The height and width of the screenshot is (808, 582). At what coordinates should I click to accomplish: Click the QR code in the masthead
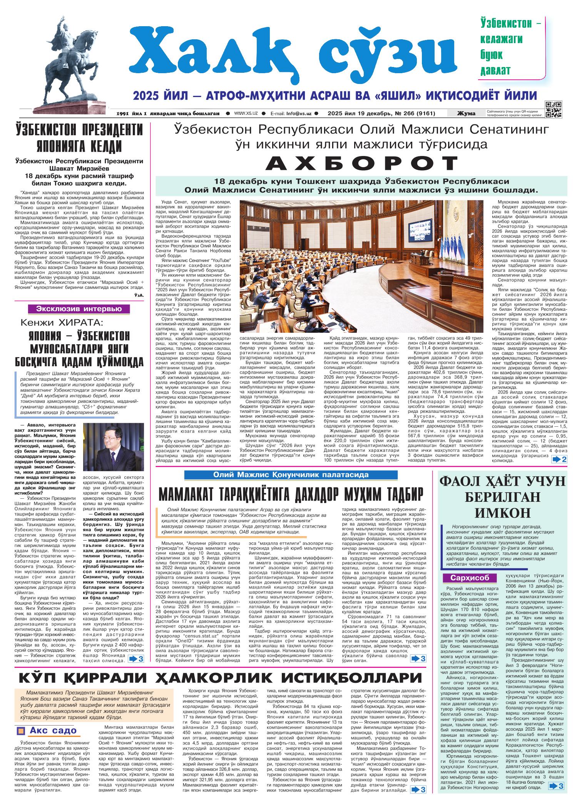pos(554,109)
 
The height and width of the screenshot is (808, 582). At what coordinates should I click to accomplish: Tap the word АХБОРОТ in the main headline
pos(361,164)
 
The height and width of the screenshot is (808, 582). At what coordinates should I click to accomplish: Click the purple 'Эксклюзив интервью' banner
pos(79,308)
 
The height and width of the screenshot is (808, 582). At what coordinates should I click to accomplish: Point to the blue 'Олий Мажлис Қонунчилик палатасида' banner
pos(291,475)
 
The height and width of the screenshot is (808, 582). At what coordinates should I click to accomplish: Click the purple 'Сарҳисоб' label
pos(467,578)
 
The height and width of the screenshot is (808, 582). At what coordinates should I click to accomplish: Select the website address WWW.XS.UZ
pos(246,114)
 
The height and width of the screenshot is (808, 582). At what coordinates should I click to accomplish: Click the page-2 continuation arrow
pos(559,459)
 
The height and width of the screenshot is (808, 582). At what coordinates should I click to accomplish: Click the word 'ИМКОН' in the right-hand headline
pos(503,513)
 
